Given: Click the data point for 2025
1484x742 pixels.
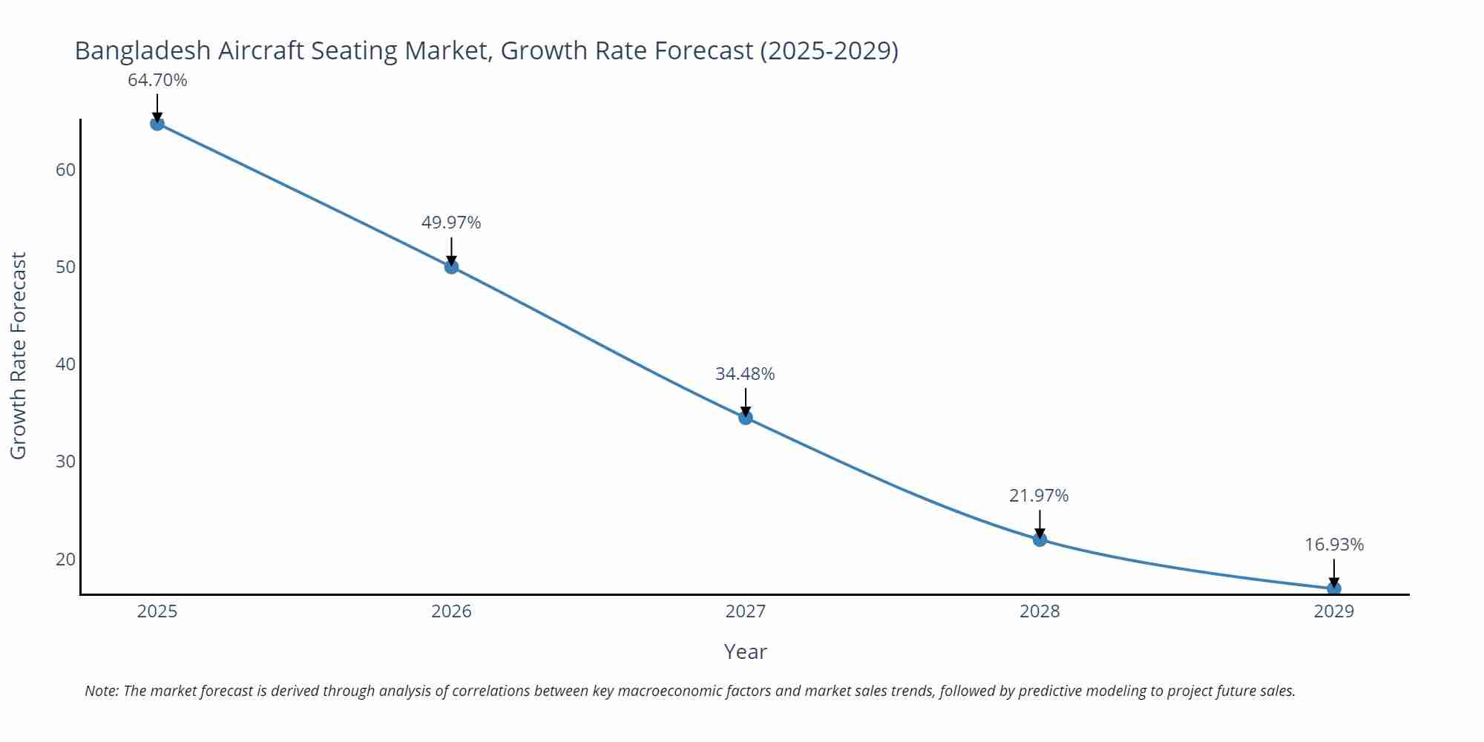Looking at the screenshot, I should [157, 123].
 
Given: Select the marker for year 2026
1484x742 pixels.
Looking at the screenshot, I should [451, 266].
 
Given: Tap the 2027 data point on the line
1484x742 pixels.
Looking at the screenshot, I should [746, 418].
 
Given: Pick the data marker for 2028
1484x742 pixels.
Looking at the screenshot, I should [1040, 539].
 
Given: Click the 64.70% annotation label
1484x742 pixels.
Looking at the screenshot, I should [157, 80].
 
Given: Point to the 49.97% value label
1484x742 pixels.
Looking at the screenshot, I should [451, 223].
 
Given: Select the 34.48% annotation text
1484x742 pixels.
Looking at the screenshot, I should [745, 374].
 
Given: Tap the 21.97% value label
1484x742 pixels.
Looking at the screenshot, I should [1039, 496].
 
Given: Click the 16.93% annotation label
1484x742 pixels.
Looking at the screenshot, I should [1334, 545].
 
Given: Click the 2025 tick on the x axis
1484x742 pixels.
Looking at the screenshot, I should [157, 611].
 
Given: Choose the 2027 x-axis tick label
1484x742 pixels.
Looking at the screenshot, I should [746, 611].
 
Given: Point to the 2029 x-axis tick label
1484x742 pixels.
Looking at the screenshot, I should [1334, 611].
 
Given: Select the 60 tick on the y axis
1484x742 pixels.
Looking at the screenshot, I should [65, 170].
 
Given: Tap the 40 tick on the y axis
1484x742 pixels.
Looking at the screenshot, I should [65, 364].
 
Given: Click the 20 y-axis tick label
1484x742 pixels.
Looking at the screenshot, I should [65, 559].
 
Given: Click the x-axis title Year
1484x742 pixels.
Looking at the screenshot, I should [745, 651].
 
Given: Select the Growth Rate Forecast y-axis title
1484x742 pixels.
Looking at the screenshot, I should [19, 355].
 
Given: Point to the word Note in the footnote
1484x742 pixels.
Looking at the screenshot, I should [101, 691].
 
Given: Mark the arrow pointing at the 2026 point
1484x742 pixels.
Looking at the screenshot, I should [451, 251].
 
